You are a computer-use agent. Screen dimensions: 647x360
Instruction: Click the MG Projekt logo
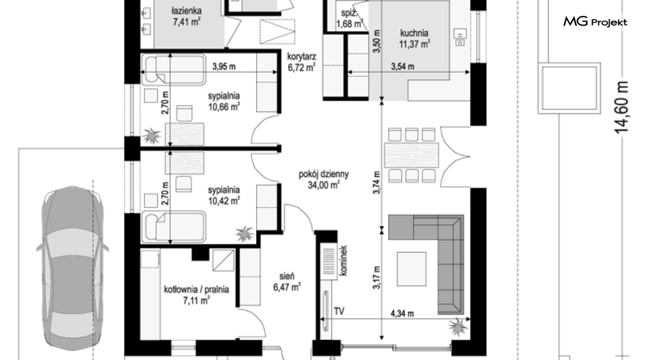click(595, 21)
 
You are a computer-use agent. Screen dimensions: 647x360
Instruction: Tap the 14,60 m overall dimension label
click(621, 107)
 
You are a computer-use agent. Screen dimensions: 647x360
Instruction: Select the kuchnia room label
click(414, 33)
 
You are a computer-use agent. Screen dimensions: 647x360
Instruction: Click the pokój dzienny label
click(324, 174)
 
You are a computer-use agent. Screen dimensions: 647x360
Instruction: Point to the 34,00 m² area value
click(324, 185)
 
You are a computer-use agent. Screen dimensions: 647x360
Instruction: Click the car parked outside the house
click(72, 268)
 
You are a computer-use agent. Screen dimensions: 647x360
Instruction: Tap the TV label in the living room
click(339, 311)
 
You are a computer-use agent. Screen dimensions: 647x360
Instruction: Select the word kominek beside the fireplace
click(343, 261)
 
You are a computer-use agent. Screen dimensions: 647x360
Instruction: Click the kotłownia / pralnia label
click(197, 289)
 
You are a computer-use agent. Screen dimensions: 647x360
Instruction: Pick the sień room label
click(286, 276)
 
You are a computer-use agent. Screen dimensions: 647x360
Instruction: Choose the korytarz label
click(302, 57)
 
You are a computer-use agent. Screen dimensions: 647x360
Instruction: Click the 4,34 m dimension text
click(402, 314)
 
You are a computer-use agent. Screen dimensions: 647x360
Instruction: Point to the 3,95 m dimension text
click(224, 67)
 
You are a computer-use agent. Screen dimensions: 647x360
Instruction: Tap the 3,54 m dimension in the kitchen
click(403, 67)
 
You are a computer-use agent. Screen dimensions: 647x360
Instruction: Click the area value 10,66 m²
click(224, 107)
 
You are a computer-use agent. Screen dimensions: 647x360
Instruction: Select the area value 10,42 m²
click(224, 201)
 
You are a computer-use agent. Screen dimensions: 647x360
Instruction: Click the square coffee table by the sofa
click(411, 269)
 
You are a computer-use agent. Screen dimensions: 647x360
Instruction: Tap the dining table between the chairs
click(411, 155)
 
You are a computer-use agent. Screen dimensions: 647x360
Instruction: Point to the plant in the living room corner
click(458, 326)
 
